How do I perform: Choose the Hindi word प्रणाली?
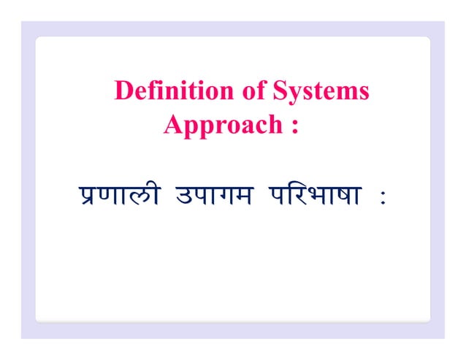click(x=118, y=196)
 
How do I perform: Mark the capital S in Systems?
click(x=280, y=92)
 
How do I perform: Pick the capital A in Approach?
click(x=173, y=124)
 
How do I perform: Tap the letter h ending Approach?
click(x=275, y=124)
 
